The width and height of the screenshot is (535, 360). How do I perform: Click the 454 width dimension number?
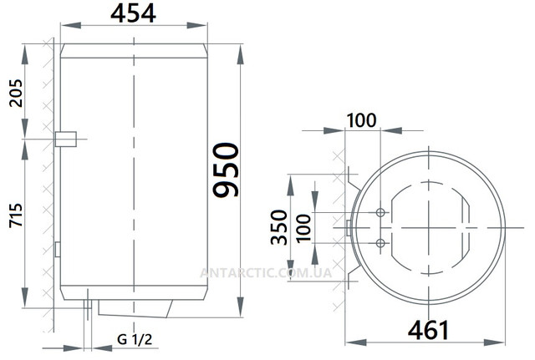click(133, 14)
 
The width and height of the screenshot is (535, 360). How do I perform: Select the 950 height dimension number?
click(226, 170)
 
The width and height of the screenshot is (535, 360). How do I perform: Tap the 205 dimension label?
click(16, 94)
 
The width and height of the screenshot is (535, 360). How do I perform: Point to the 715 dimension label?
click(16, 215)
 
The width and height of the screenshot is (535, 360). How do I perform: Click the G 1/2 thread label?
click(135, 340)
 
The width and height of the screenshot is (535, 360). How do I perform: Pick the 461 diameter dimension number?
click(428, 330)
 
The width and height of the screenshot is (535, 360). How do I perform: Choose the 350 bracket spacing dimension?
click(279, 227)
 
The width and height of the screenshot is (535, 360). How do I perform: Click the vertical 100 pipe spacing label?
click(303, 228)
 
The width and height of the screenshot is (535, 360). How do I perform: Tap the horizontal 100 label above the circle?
click(362, 120)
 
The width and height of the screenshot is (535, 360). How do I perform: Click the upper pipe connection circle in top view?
click(380, 213)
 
